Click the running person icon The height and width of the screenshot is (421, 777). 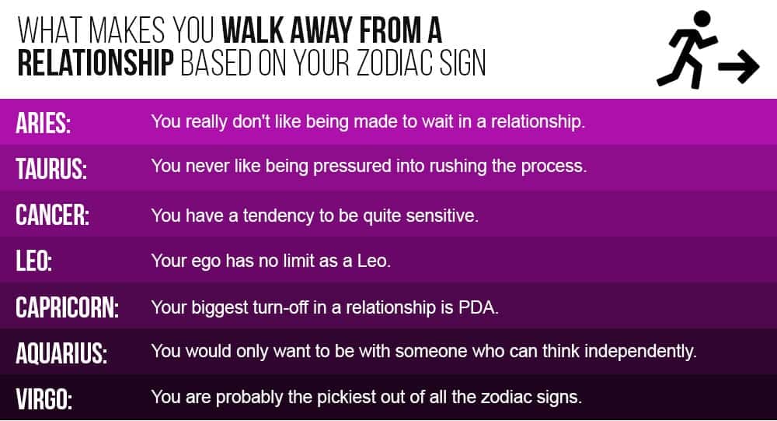[688, 50]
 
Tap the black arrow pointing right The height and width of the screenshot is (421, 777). [739, 65]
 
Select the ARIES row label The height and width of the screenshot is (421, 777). [43, 123]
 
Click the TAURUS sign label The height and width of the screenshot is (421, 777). [51, 169]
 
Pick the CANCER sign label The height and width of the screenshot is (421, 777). [53, 215]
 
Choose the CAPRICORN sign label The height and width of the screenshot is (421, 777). [68, 307]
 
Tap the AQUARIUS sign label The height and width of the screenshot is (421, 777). [61, 353]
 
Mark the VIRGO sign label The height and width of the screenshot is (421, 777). [44, 399]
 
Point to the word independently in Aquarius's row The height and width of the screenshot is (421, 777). [641, 352]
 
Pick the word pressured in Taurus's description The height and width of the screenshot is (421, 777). [352, 166]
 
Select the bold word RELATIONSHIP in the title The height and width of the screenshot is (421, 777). [96, 63]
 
